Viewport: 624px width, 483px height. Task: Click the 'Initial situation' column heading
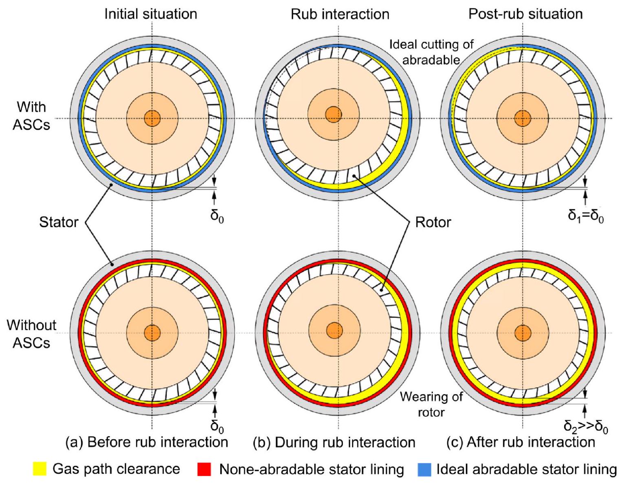click(x=151, y=14)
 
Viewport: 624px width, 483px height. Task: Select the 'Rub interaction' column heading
click(x=340, y=14)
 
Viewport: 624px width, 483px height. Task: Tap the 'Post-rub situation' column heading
click(x=525, y=14)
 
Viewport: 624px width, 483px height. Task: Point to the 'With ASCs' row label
click(x=31, y=116)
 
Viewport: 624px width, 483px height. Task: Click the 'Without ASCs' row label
click(x=31, y=334)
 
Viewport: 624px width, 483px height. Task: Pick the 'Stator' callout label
click(x=59, y=222)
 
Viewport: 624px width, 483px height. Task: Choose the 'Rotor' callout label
click(x=433, y=222)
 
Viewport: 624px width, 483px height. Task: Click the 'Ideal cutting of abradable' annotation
click(x=431, y=52)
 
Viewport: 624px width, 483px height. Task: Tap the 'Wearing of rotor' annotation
click(x=431, y=404)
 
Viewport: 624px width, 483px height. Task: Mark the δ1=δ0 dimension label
click(x=586, y=216)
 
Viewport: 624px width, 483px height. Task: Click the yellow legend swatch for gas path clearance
click(x=40, y=470)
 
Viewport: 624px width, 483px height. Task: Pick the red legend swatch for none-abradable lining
click(x=204, y=470)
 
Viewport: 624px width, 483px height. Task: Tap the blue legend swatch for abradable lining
click(x=424, y=470)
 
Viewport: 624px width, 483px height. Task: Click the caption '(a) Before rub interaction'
click(x=147, y=442)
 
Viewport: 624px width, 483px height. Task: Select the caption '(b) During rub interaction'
click(x=334, y=442)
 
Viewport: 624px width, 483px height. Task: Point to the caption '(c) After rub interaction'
click(x=521, y=442)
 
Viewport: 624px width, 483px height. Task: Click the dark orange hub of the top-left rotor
click(x=152, y=119)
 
